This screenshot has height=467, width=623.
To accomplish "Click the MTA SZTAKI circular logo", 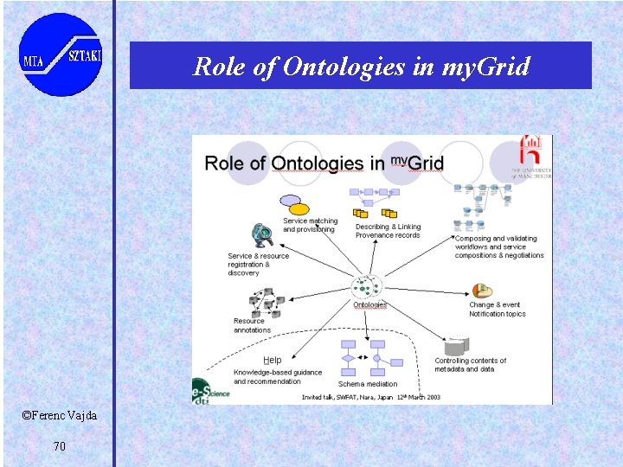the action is [x=61, y=54].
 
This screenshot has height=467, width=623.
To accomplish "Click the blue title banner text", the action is [x=361, y=66].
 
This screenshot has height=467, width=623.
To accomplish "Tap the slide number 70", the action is [x=59, y=446].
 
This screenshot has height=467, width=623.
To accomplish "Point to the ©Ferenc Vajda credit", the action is [x=60, y=416].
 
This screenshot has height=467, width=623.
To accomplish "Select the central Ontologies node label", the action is [x=369, y=304].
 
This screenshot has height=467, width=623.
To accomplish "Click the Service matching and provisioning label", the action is [x=310, y=226].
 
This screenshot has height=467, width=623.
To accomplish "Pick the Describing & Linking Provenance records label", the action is [x=388, y=231].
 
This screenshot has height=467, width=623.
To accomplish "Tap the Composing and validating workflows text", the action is [x=499, y=246].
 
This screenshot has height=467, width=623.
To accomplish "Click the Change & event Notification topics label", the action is [x=497, y=310].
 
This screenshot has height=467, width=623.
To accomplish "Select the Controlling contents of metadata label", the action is [x=470, y=365].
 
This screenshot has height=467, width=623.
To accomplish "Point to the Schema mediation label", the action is [x=368, y=384].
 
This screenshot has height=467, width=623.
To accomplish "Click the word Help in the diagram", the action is [x=272, y=360].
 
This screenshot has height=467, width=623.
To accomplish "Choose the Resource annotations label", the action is [x=252, y=325].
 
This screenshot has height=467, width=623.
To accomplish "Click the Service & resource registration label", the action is [x=258, y=264].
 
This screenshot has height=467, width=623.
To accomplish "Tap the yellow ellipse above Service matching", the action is [x=298, y=208].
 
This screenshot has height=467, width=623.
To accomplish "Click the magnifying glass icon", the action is [x=261, y=233].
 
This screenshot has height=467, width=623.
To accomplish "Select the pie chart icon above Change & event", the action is [x=482, y=291].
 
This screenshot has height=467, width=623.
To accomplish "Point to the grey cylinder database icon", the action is [x=455, y=347].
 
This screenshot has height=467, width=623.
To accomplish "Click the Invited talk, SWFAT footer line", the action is [x=370, y=397].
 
